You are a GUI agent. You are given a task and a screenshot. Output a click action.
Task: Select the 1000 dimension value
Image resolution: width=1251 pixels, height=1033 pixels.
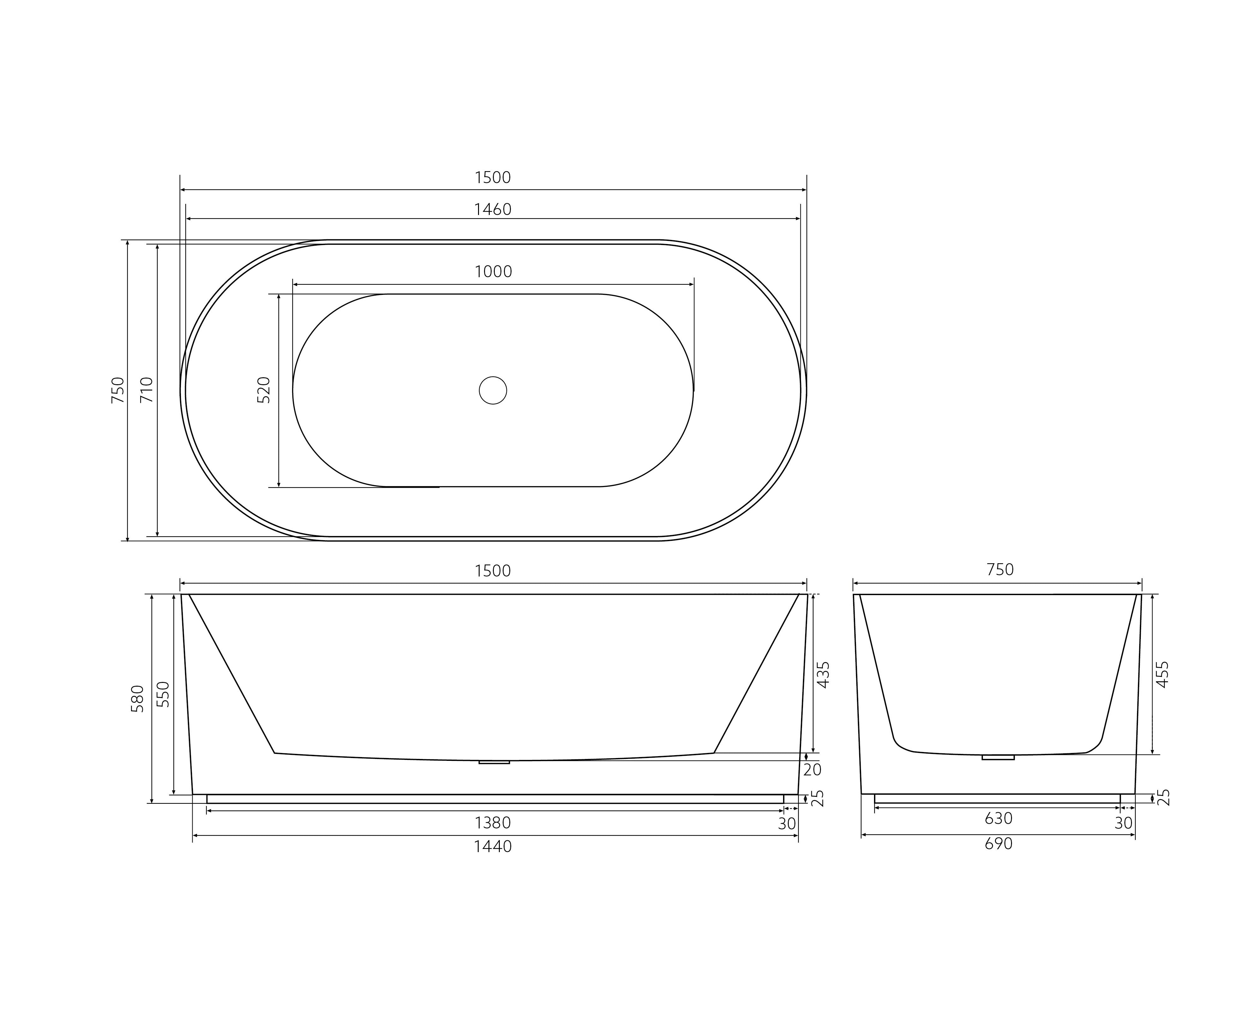coord(493,272)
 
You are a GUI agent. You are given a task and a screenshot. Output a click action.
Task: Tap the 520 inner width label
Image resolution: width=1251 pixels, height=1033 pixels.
coord(264,390)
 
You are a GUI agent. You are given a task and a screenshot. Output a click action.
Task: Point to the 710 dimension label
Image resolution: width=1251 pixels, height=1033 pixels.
coord(147,390)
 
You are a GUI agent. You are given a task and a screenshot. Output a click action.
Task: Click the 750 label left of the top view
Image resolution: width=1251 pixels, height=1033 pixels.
coord(118,390)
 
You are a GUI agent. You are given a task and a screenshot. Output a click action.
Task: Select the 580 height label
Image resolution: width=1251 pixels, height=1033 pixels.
coord(137,699)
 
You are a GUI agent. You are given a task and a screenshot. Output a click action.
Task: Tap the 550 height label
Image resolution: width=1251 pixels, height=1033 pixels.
coord(163,694)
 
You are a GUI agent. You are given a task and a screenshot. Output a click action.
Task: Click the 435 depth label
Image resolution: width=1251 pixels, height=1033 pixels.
coord(823,675)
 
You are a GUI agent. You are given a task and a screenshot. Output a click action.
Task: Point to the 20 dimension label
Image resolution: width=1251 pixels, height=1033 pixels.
coord(812,769)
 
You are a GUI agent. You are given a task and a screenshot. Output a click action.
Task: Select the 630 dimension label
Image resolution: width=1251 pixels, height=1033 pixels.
coord(998,819)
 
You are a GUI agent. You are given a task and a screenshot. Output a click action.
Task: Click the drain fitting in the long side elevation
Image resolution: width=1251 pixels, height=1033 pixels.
coord(494,762)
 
